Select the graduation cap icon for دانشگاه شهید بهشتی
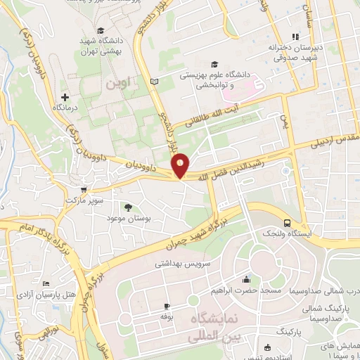coord(101,30)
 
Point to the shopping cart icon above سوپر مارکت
coord(85,189)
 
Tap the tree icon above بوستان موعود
coord(128,207)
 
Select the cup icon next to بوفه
coord(167,306)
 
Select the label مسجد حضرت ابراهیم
coord(245,290)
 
